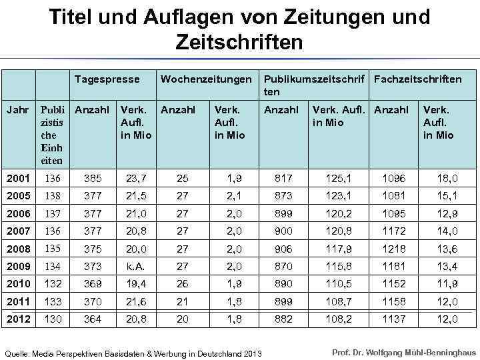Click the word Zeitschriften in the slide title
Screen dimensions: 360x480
pyautogui.click(x=239, y=42)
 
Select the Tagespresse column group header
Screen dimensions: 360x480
pyautogui.click(x=107, y=79)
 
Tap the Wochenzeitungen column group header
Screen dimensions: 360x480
pyautogui.click(x=206, y=79)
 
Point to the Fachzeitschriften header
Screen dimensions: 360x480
pyautogui.click(x=418, y=79)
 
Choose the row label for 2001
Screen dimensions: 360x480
pyautogui.click(x=18, y=178)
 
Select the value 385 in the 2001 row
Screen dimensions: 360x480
pyautogui.click(x=92, y=178)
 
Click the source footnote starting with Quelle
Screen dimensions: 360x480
pyautogui.click(x=133, y=353)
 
